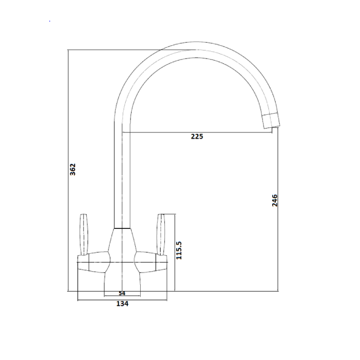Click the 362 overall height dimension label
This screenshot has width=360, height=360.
point(73,170)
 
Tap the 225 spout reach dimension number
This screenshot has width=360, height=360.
point(197,136)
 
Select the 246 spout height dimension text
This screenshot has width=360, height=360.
point(275,200)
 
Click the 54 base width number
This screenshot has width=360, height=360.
point(121,293)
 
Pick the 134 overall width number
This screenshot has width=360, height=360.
point(122,303)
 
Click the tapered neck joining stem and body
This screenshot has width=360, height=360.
point(122,238)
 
